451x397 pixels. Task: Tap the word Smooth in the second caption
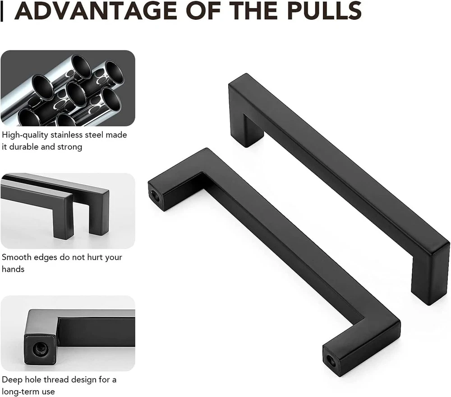[16, 257]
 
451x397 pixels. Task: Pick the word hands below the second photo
[13, 269]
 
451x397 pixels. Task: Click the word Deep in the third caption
[12, 380]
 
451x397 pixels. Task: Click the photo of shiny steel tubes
[68, 88]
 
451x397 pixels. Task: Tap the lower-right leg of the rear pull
[430, 276]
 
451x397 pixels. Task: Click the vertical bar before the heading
[2, 13]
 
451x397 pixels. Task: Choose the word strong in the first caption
[69, 147]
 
